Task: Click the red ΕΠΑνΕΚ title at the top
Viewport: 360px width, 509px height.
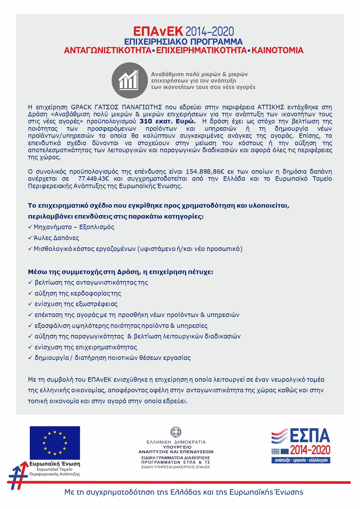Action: (158, 31)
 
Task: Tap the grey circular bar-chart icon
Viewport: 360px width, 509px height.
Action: (129, 80)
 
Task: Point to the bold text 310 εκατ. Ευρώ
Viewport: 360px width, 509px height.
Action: (167, 121)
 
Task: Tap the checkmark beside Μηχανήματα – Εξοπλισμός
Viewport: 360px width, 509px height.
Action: (30, 227)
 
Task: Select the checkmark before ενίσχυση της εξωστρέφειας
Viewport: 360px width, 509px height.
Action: (30, 304)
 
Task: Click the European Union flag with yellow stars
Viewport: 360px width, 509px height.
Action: (55, 443)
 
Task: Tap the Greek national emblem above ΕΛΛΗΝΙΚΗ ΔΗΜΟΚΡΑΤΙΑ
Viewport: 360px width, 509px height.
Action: (176, 432)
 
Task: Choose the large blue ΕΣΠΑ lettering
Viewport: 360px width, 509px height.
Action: (310, 436)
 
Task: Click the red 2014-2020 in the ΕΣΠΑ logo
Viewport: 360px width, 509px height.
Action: (310, 450)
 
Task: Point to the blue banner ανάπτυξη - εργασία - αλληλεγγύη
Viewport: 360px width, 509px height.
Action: (301, 460)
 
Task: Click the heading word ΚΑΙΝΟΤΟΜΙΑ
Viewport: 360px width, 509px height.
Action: (277, 50)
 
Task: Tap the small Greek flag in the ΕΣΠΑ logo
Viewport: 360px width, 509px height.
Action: (275, 451)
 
